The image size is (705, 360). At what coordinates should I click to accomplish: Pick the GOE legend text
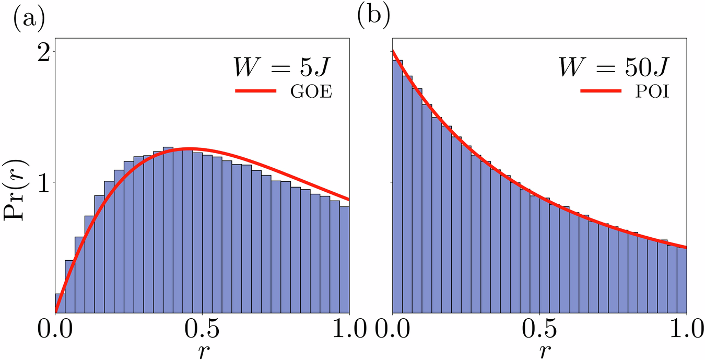click(311, 92)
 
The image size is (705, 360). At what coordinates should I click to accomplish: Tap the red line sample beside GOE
click(256, 91)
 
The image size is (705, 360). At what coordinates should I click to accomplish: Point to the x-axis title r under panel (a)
click(202, 352)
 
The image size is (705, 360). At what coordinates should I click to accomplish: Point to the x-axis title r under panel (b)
click(539, 352)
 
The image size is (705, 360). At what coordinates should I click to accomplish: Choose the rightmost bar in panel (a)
click(344, 261)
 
